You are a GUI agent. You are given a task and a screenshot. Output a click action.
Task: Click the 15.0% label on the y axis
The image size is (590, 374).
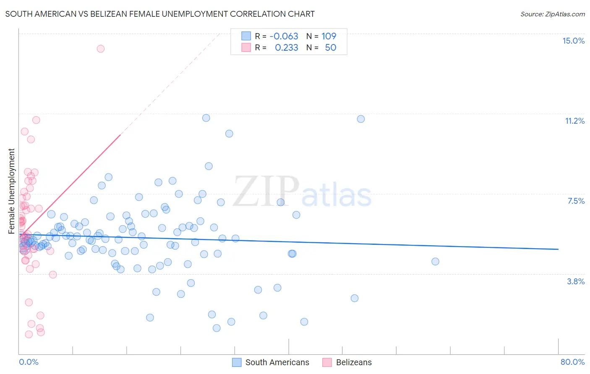pyautogui.click(x=573, y=41)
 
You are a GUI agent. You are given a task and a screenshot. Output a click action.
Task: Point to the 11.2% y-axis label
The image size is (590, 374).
pyautogui.click(x=574, y=121)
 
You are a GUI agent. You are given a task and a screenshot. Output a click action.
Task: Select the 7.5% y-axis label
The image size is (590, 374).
pyautogui.click(x=576, y=201)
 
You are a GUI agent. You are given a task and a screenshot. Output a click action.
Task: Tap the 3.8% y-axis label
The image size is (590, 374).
pyautogui.click(x=576, y=281)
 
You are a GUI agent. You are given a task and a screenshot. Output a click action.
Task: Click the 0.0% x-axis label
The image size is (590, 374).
pyautogui.click(x=29, y=362)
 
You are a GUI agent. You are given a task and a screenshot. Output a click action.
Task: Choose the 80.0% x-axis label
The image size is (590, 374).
pyautogui.click(x=572, y=362)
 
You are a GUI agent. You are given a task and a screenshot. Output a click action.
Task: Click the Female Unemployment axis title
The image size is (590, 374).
pyautogui.click(x=11, y=191)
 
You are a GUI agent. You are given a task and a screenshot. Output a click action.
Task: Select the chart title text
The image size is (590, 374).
pyautogui.click(x=160, y=14)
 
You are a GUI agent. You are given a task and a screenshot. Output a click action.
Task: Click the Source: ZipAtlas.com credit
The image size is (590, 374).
pyautogui.click(x=552, y=14)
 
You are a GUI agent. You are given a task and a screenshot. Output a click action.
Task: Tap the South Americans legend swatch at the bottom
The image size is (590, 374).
pyautogui.click(x=237, y=362)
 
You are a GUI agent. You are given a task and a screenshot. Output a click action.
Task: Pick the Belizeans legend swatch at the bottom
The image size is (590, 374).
pyautogui.click(x=327, y=362)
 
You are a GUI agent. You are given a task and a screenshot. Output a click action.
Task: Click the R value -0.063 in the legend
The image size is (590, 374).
pyautogui.click(x=284, y=36)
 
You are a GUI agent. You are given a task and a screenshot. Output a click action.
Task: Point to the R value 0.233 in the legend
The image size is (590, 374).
pyautogui.click(x=286, y=48)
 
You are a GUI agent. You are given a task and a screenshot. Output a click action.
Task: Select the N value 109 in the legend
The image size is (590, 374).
pyautogui.click(x=329, y=36)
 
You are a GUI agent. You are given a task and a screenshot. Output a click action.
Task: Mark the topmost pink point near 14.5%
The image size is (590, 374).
pyautogui.click(x=101, y=49)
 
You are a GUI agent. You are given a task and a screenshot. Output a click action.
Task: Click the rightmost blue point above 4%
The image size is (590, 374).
pyautogui.click(x=435, y=262)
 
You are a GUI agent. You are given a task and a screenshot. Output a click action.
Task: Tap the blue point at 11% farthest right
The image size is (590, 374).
pyautogui.click(x=361, y=119)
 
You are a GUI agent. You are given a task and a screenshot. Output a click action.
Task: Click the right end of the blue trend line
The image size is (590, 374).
pyautogui.click(x=558, y=249)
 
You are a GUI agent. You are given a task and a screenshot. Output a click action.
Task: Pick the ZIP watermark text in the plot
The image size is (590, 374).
pyautogui.click(x=266, y=191)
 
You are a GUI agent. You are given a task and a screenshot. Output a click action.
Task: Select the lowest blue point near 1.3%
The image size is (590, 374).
pyautogui.click(x=217, y=328)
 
